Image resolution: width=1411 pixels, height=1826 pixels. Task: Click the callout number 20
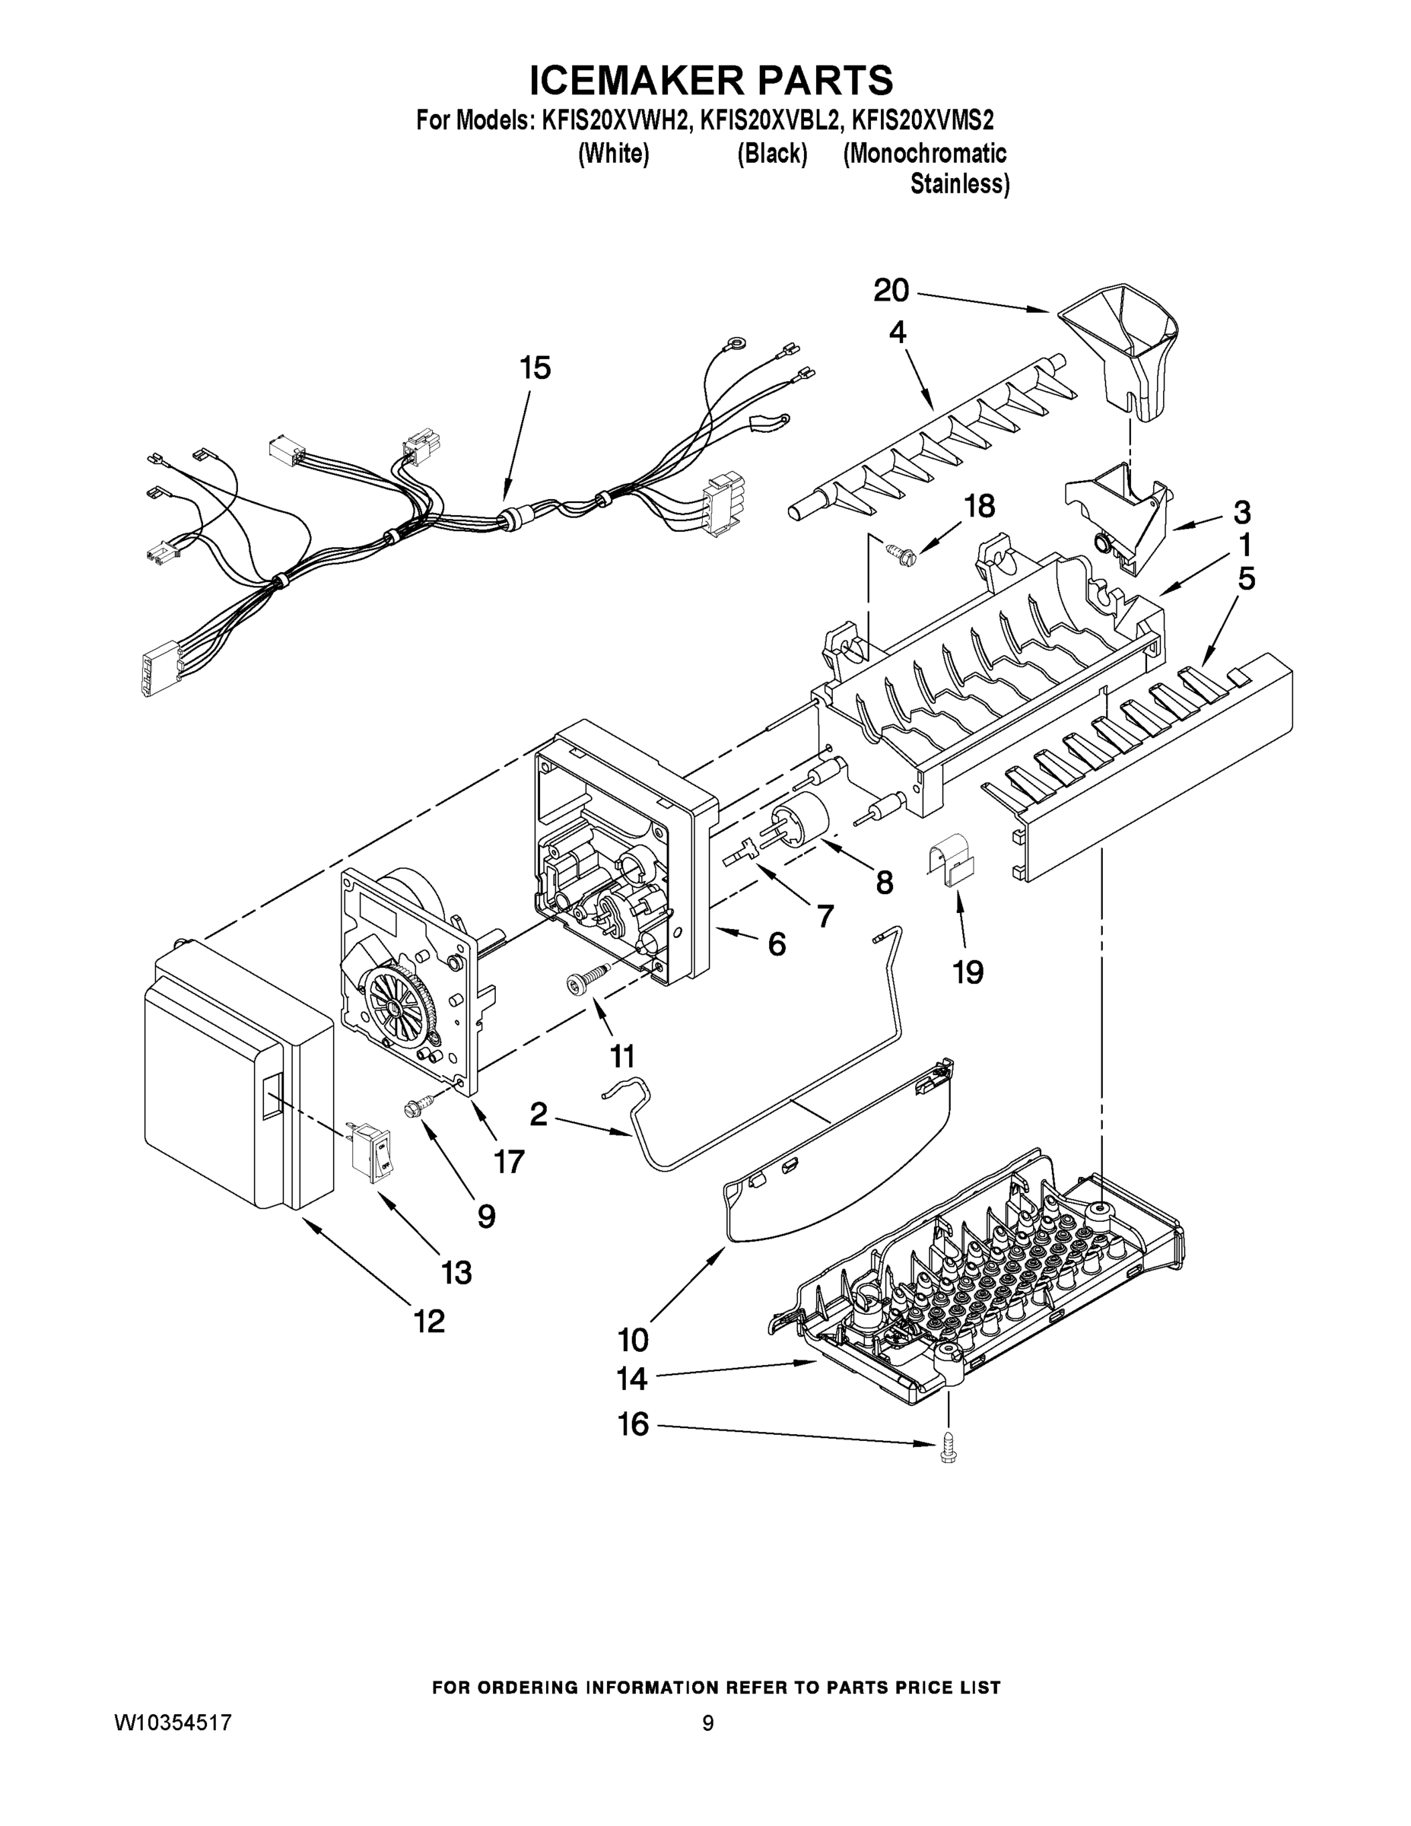point(891,291)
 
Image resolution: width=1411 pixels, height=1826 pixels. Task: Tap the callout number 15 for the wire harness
point(535,368)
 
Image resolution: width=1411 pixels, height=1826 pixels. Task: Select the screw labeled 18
point(901,552)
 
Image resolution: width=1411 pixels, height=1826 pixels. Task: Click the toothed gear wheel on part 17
point(397,1003)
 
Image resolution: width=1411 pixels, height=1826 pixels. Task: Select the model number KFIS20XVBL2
point(769,121)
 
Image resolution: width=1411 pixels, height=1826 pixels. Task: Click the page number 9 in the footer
point(707,1723)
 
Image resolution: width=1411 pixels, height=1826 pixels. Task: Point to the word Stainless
point(958,184)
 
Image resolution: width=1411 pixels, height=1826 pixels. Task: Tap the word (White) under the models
point(614,154)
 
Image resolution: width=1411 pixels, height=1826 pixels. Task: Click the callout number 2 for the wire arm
point(538,1114)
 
